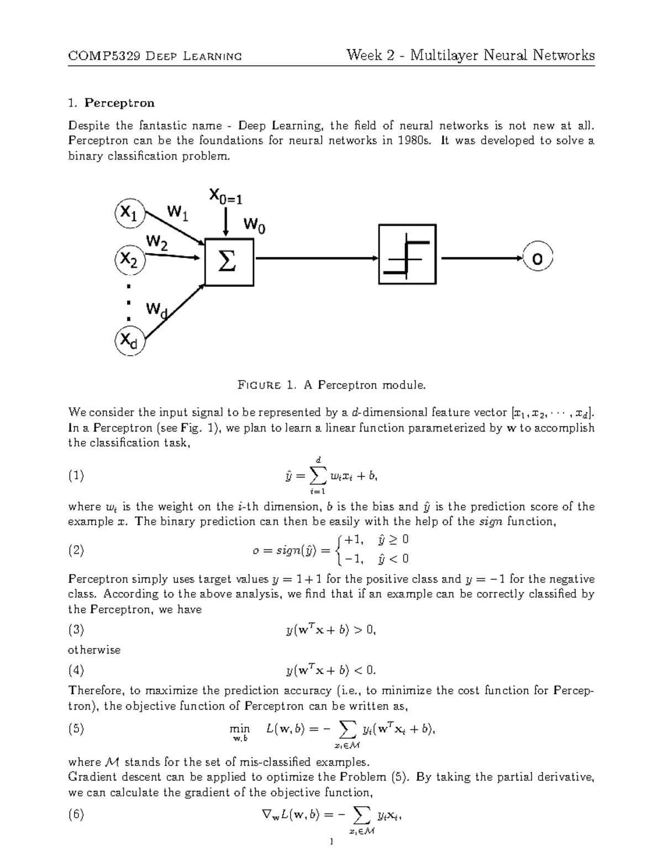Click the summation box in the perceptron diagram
click(229, 262)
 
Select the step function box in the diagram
click(407, 254)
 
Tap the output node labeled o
click(537, 258)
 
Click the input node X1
click(129, 213)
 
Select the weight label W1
click(177, 212)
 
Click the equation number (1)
click(76, 476)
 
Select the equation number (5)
click(76, 729)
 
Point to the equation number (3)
click(76, 630)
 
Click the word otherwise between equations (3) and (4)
click(94, 650)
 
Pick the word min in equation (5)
click(241, 729)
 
